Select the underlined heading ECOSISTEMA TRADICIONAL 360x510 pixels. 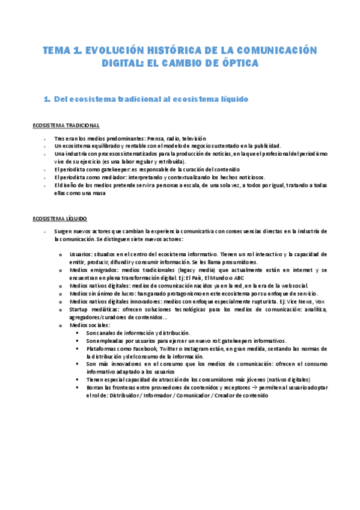coord(66,125)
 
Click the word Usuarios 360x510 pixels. coord(81,254)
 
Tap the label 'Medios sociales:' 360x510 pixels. coord(90,325)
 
